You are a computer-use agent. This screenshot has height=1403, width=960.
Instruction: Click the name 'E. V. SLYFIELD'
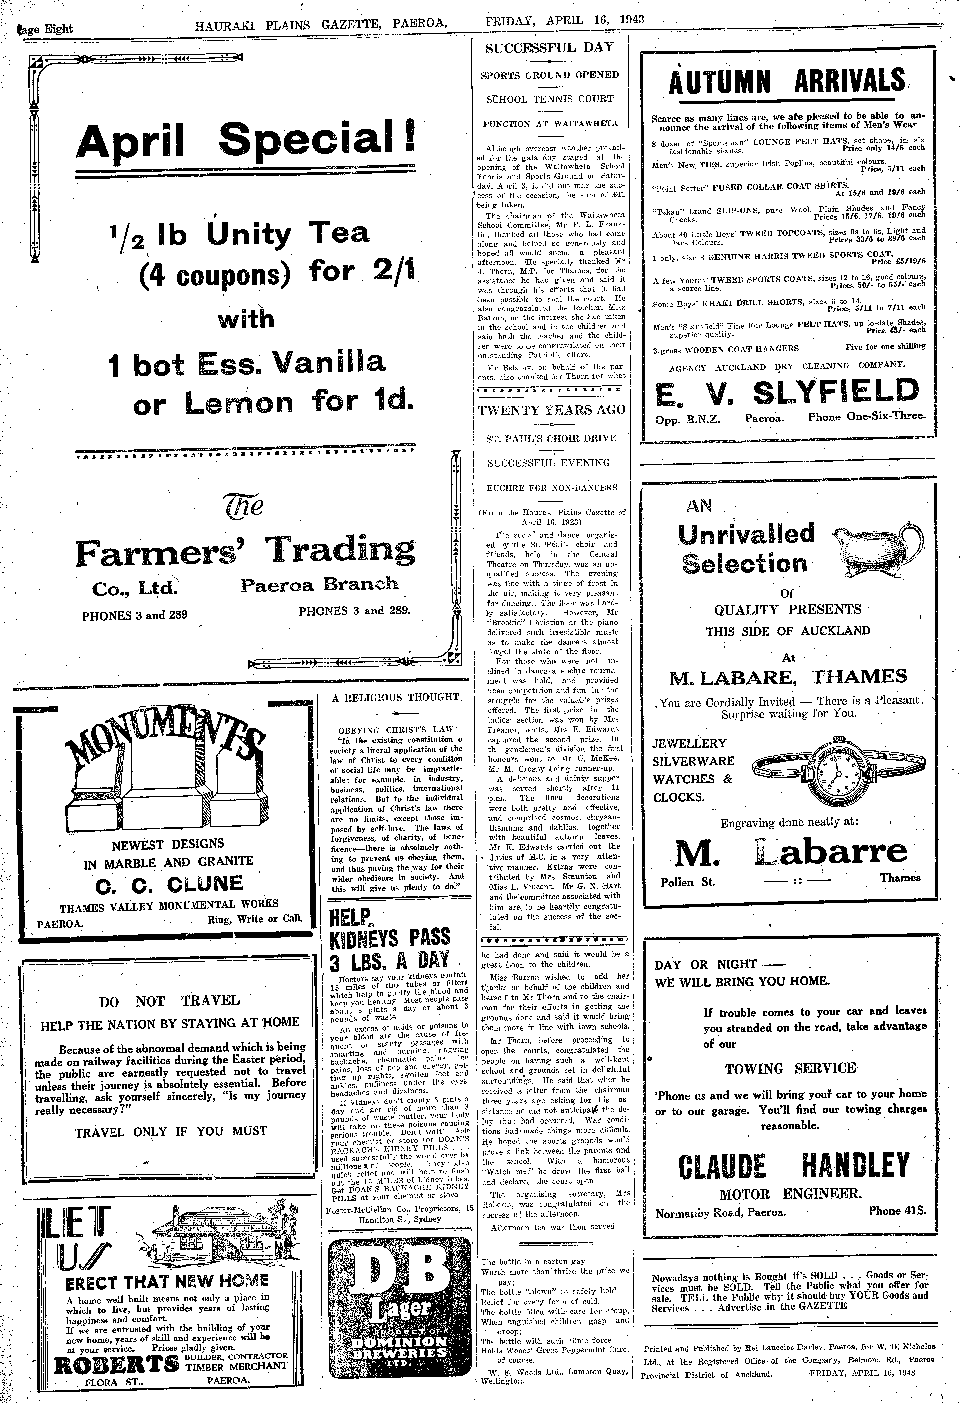tap(787, 393)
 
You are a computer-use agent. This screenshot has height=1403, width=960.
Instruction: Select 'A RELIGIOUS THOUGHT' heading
tap(395, 697)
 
